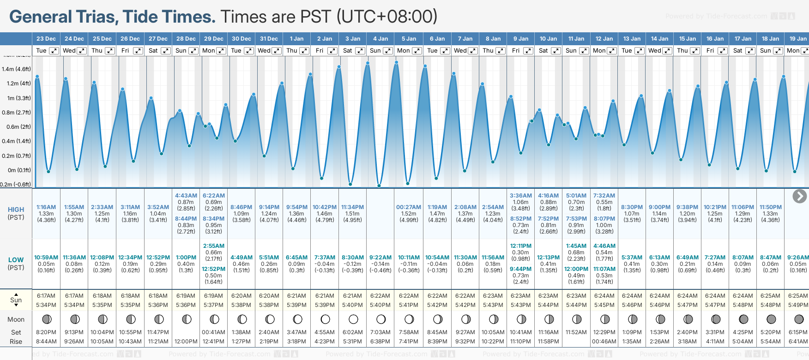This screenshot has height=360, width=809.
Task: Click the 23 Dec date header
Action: pyautogui.click(x=46, y=39)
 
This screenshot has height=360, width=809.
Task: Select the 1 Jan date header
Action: pyautogui.click(x=296, y=39)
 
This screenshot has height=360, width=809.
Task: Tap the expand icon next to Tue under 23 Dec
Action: pyautogui.click(x=54, y=51)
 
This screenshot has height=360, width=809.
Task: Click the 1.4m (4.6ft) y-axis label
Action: pyautogui.click(x=16, y=69)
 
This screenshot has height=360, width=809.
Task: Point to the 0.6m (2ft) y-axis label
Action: pyautogui.click(x=16, y=127)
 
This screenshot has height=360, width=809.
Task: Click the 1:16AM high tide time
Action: pyautogui.click(x=46, y=207)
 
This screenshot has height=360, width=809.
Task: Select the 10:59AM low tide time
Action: pyautogui.click(x=46, y=258)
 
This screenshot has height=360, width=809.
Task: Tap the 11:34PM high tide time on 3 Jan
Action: pyautogui.click(x=352, y=207)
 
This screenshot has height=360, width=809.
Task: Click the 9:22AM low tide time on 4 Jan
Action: pyautogui.click(x=380, y=258)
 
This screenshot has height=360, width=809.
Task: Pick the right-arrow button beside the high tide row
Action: pyautogui.click(x=799, y=196)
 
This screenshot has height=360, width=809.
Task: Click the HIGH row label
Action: pyautogui.click(x=16, y=210)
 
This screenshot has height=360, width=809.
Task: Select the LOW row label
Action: pyautogui.click(x=16, y=260)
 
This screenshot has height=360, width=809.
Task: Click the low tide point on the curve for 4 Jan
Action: pyautogui.click(x=379, y=186)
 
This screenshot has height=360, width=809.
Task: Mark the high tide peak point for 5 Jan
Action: pyautogui.click(x=397, y=62)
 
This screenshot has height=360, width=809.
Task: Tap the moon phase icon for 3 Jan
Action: pyautogui.click(x=353, y=319)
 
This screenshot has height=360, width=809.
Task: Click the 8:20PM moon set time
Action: pyautogui.click(x=46, y=332)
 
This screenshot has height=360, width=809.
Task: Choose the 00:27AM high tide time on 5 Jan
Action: pyautogui.click(x=409, y=207)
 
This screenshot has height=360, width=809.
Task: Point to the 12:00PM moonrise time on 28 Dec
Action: pyautogui.click(x=186, y=342)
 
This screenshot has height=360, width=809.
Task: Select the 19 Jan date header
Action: pyautogui.click(x=798, y=39)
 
